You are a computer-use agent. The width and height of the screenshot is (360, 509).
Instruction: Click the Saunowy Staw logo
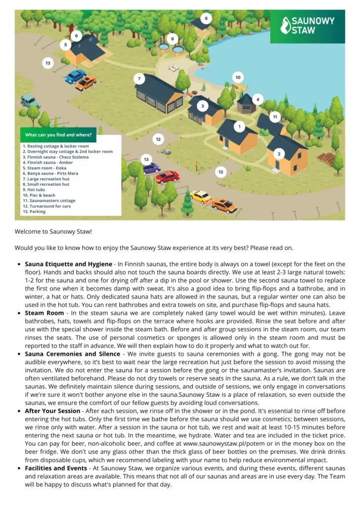307,25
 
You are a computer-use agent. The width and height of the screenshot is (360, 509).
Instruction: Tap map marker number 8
206,19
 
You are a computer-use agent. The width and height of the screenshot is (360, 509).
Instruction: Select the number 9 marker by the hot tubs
172,38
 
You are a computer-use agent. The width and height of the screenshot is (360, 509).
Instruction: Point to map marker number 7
139,79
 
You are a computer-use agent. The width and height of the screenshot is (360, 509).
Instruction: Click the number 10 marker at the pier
237,78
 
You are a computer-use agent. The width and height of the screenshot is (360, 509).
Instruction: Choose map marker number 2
279,154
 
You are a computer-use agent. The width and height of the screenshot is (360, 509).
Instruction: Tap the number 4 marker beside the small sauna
257,99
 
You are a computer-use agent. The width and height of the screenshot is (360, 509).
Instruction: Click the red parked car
168,176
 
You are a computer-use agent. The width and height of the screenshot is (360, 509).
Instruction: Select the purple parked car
151,168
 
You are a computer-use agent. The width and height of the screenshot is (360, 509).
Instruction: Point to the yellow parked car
201,196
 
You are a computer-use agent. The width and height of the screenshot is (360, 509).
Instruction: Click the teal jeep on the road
30,101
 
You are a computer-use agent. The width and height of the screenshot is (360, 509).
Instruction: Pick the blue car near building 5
75,76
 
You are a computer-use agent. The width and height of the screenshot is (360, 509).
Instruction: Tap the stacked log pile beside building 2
326,159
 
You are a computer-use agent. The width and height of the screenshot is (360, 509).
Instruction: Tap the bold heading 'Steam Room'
44,313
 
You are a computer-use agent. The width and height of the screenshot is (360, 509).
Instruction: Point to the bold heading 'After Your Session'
52,411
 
